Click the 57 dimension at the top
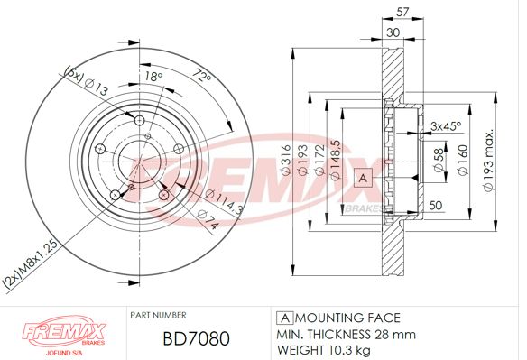(x=402, y=12)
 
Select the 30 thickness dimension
(x=393, y=32)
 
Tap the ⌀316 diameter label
(x=285, y=160)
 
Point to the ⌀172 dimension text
(x=319, y=160)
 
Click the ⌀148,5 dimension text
(x=336, y=161)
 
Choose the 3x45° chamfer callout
(x=446, y=126)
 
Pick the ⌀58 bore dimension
(x=439, y=161)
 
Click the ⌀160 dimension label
(x=463, y=160)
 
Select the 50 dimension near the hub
(x=436, y=205)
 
